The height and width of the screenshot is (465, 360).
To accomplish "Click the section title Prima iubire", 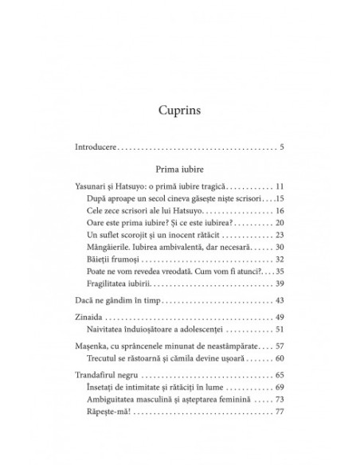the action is click(x=178, y=169).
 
